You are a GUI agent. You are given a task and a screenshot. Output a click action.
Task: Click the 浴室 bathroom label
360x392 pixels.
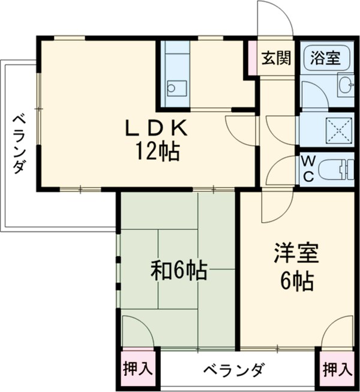[325, 58]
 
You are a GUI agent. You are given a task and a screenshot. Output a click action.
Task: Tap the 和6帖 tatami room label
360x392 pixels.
[178, 271]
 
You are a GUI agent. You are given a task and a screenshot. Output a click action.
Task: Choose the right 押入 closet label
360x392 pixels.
[337, 368]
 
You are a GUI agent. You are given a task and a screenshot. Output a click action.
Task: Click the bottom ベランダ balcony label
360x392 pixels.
[231, 369]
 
